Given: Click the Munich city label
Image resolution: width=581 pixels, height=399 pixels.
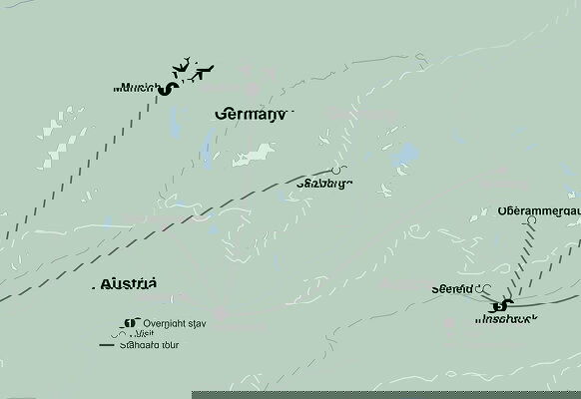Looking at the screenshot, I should pyautogui.click(x=137, y=88).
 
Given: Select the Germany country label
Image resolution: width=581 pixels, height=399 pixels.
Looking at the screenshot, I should pyautogui.click(x=251, y=115).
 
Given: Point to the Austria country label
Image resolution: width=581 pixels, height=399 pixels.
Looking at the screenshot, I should pyautogui.click(x=129, y=284).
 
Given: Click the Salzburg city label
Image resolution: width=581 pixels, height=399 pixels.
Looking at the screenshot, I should pyautogui.click(x=324, y=184).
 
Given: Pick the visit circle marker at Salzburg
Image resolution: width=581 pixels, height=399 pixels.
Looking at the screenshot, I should pyautogui.click(x=337, y=170).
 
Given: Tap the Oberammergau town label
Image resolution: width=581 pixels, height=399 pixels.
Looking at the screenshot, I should pyautogui.click(x=538, y=211).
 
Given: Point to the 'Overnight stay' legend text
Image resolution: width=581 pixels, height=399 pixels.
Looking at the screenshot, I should pyautogui.click(x=175, y=323).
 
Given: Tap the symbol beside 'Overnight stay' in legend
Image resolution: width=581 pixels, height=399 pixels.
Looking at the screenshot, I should pyautogui.click(x=128, y=323).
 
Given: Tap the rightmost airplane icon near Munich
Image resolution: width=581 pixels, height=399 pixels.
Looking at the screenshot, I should pyautogui.click(x=206, y=71).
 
